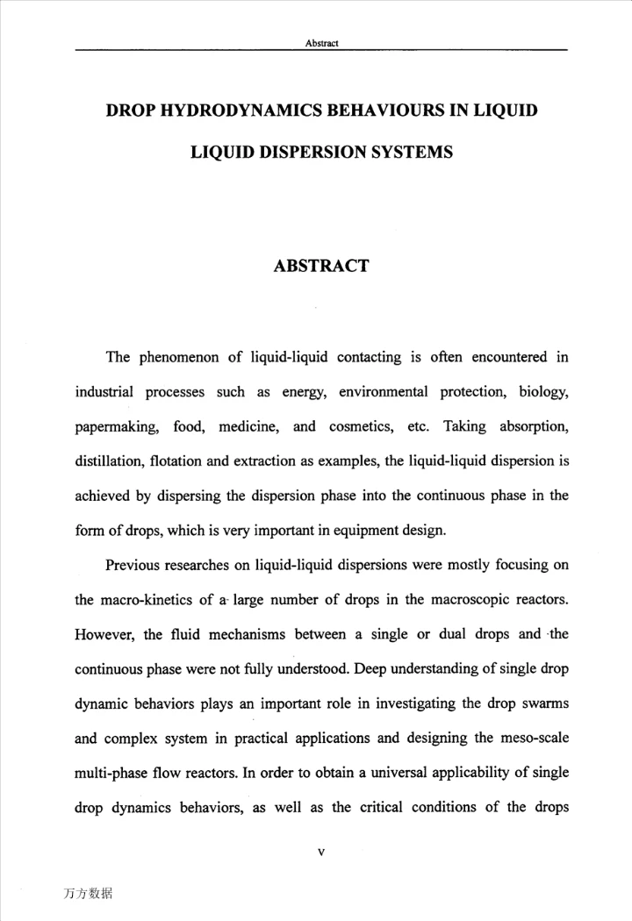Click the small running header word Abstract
pos(321,43)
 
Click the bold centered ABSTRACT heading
pos(321,266)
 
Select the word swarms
pos(545,703)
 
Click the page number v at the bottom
pos(321,852)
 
